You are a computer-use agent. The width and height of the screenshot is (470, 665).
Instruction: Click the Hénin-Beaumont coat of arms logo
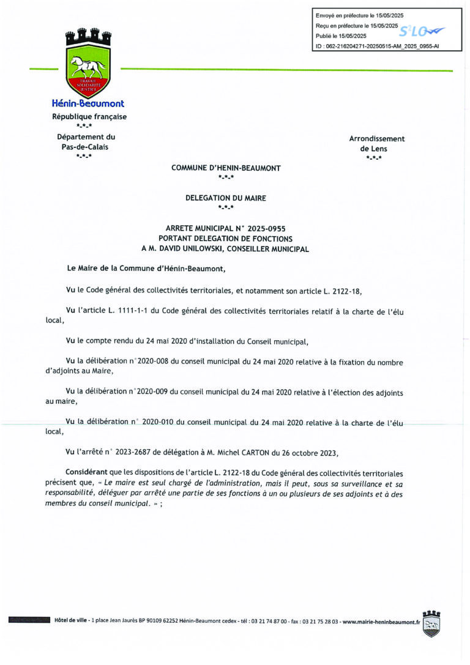point(88,62)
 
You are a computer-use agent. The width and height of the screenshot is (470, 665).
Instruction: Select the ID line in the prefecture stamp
point(377,46)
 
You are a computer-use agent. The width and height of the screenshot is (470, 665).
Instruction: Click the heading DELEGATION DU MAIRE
point(226,198)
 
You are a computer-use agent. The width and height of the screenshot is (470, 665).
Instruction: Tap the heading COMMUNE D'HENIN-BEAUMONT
point(226,168)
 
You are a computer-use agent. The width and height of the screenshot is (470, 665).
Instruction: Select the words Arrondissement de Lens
point(376,144)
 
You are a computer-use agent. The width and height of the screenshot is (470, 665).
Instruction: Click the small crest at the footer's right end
point(432,623)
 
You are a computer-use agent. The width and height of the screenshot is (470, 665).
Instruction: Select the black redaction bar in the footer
point(29,620)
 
